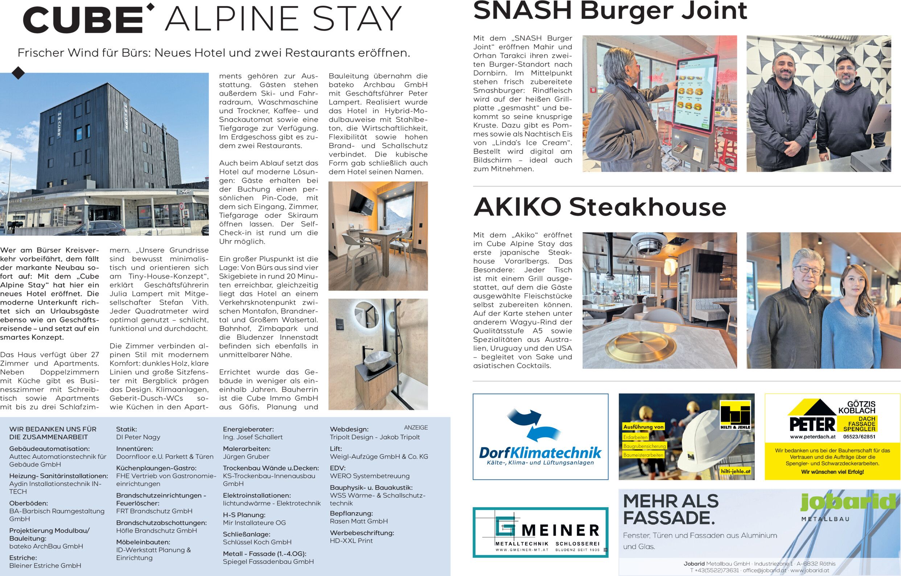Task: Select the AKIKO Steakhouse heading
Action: [600, 207]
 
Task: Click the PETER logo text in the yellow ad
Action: [812, 424]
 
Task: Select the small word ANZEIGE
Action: [416, 427]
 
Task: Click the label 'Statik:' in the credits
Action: [127, 429]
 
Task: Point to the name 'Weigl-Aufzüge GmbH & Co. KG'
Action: [379, 457]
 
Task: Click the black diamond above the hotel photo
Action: [18, 73]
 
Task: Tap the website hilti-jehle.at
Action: [736, 472]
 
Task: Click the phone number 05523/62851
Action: [859, 436]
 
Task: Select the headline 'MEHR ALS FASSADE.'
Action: [671, 509]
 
